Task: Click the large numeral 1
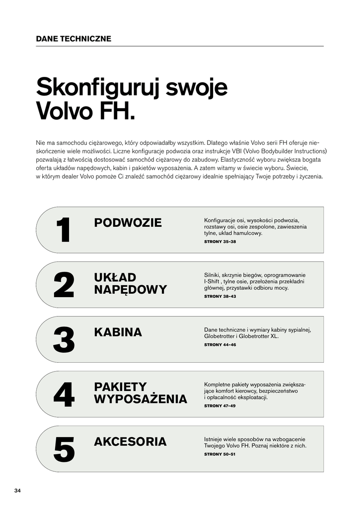tap(63, 230)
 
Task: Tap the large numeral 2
tap(64, 285)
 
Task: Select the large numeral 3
tap(64, 340)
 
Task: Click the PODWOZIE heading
tap(128, 223)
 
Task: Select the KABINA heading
tap(118, 332)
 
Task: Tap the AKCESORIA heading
tap(130, 442)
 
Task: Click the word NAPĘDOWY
tap(130, 290)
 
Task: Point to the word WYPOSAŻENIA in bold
tap(141, 399)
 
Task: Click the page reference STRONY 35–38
tap(220, 242)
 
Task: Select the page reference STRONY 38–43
tap(220, 296)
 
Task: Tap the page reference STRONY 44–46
tap(220, 344)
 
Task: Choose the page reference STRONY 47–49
tap(220, 405)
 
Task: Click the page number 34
tap(17, 491)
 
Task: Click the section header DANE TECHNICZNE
tap(73, 39)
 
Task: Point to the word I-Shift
tap(212, 281)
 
